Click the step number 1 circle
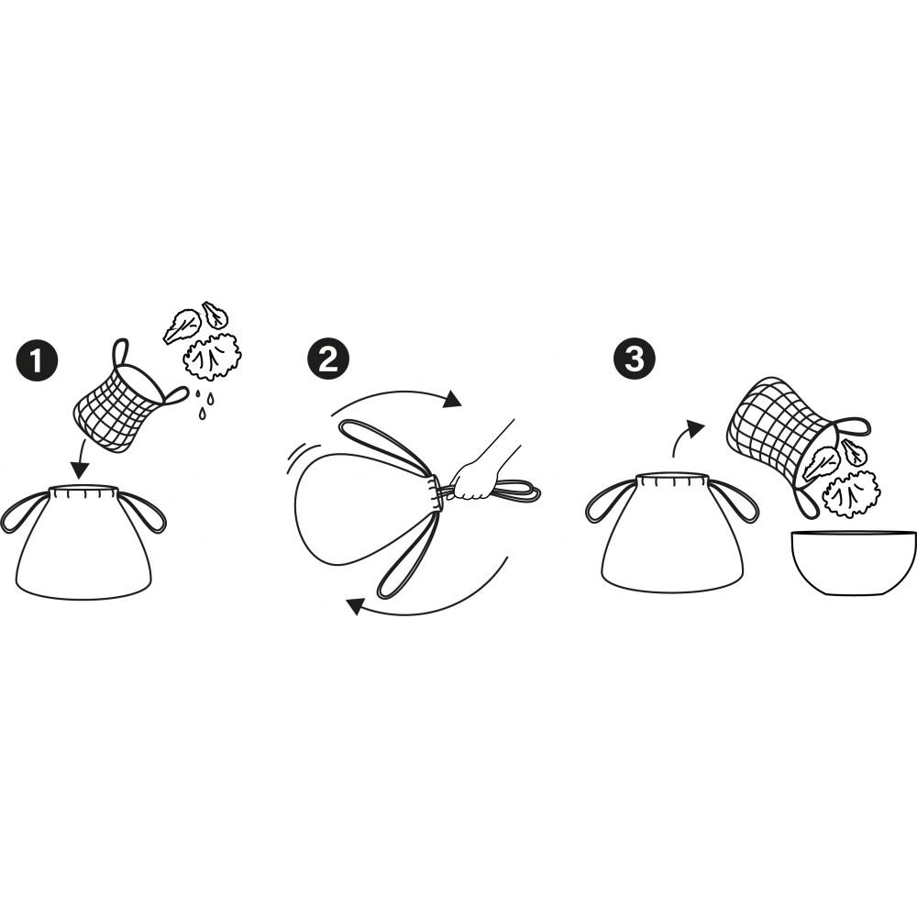[37, 360]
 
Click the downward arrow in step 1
[81, 458]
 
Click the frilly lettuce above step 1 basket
[214, 356]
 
